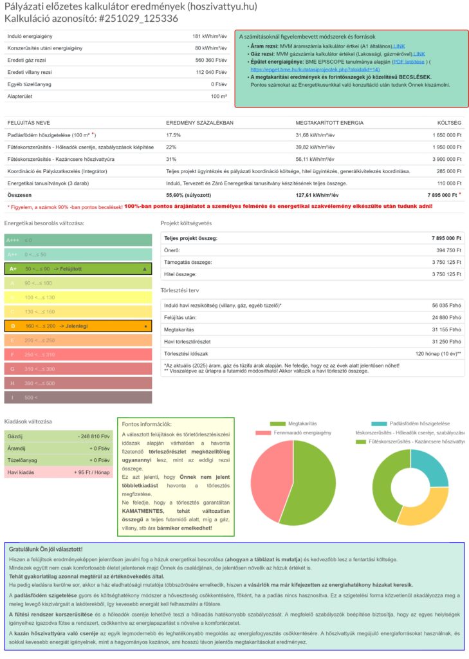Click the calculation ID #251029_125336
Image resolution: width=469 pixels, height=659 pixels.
pyautogui.click(x=138, y=18)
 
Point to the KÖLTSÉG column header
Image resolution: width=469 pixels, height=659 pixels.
pyautogui.click(x=449, y=122)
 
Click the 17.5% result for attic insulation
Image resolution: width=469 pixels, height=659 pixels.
pyautogui.click(x=174, y=135)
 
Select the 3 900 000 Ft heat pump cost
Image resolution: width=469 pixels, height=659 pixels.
pyautogui.click(x=443, y=159)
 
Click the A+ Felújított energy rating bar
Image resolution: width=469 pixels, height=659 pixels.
pyautogui.click(x=78, y=268)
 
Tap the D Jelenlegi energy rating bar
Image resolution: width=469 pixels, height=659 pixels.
pyautogui.click(x=78, y=326)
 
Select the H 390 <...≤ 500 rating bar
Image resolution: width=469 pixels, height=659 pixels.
pyautogui.click(x=78, y=383)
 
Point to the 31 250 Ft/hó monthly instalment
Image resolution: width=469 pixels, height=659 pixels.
pyautogui.click(x=447, y=341)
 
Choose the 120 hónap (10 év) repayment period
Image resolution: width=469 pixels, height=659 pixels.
pyautogui.click(x=438, y=353)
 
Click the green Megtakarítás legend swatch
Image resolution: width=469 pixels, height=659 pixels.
pyautogui.click(x=278, y=423)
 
